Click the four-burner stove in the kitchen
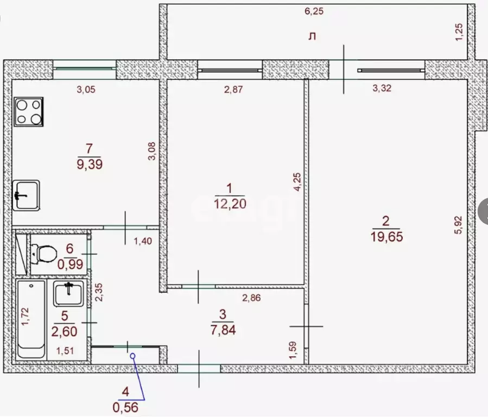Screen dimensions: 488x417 (28, 111)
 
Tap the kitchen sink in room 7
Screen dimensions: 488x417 (26, 195)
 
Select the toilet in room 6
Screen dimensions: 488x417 (43, 253)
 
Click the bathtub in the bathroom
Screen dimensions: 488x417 (31, 319)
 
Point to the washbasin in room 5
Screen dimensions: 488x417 (68, 293)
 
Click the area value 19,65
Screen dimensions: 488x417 (387, 237)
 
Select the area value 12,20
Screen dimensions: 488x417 (230, 204)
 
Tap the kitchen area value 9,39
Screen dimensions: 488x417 (90, 164)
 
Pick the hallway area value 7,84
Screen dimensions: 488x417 (223, 330)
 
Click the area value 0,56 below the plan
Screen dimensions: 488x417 (125, 407)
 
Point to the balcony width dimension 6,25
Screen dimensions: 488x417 (314, 11)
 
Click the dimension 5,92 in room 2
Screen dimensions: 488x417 (459, 225)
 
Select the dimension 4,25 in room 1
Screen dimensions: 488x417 (297, 182)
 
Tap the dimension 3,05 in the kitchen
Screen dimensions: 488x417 (86, 90)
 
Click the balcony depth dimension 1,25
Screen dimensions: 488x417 (459, 32)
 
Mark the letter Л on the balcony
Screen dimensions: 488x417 (312, 36)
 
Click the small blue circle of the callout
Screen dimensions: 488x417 (132, 356)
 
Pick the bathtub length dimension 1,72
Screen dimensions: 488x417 (26, 317)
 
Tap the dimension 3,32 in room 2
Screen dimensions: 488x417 (382, 89)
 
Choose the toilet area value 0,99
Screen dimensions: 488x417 (71, 264)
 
